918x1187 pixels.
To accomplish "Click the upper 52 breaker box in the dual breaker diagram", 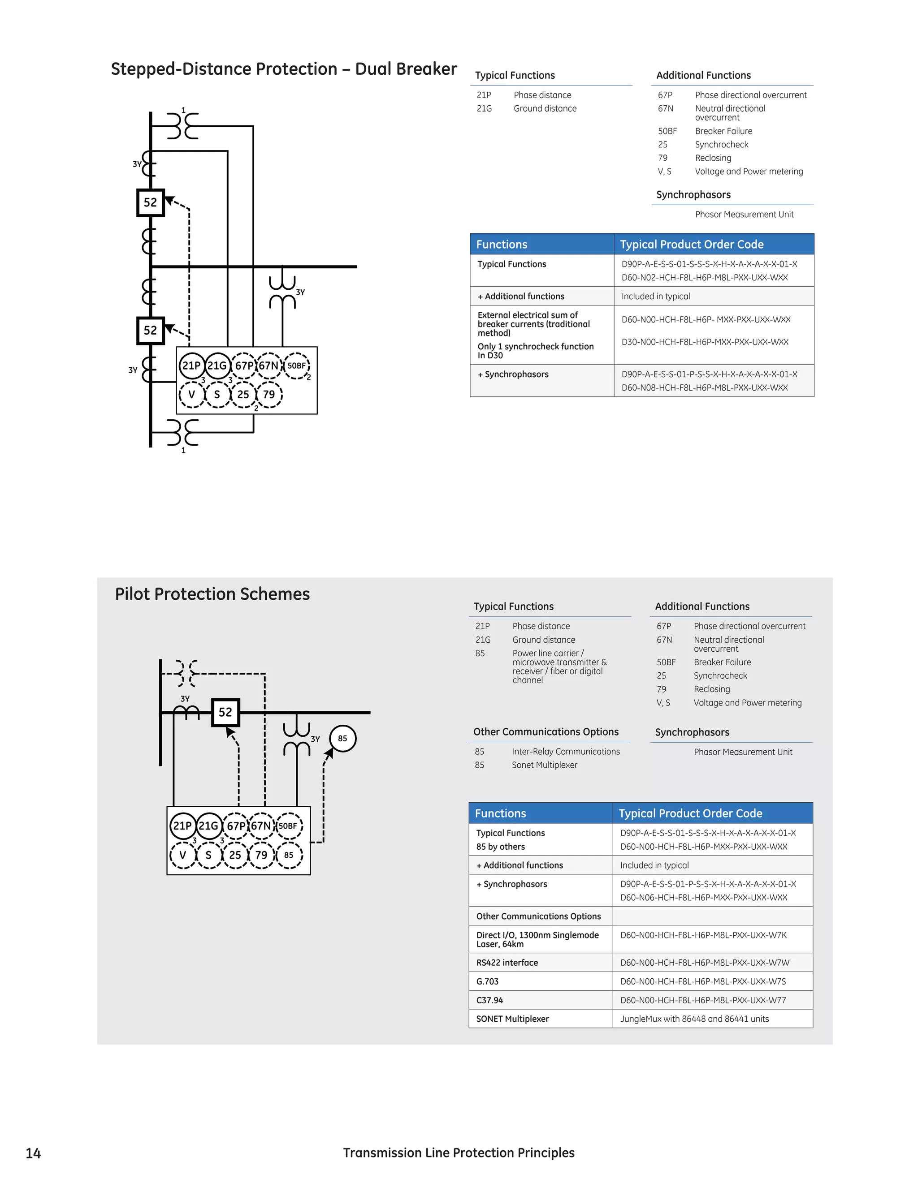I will tap(150, 203).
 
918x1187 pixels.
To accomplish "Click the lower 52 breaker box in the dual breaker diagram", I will tap(150, 331).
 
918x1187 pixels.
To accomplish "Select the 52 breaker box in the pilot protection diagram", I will tap(225, 712).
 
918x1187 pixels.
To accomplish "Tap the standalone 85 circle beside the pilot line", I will tap(342, 738).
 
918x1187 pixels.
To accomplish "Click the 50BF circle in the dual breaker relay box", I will tap(296, 366).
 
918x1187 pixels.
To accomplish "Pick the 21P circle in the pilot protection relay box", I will tap(182, 826).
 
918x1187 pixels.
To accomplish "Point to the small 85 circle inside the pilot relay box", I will tap(289, 855).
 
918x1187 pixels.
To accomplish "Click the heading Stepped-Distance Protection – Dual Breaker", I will tap(283, 69).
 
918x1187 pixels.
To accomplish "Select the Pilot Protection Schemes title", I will tap(212, 594).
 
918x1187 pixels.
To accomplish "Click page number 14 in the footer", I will tap(33, 1153).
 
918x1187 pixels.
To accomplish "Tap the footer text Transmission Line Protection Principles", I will tap(459, 1153).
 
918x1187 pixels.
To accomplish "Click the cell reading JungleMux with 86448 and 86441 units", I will tap(694, 1019).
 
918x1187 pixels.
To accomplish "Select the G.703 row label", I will tap(487, 981).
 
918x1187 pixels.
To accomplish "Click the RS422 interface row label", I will tap(507, 963).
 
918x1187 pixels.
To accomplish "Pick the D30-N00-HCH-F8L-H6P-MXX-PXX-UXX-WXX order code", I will tap(705, 342).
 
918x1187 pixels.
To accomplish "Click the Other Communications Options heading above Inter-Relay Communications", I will tap(546, 731).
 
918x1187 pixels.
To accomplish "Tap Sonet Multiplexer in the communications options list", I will tap(544, 765).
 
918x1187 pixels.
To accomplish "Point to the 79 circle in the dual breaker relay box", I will tap(269, 394).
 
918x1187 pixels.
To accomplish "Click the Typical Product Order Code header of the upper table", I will tap(692, 245).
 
